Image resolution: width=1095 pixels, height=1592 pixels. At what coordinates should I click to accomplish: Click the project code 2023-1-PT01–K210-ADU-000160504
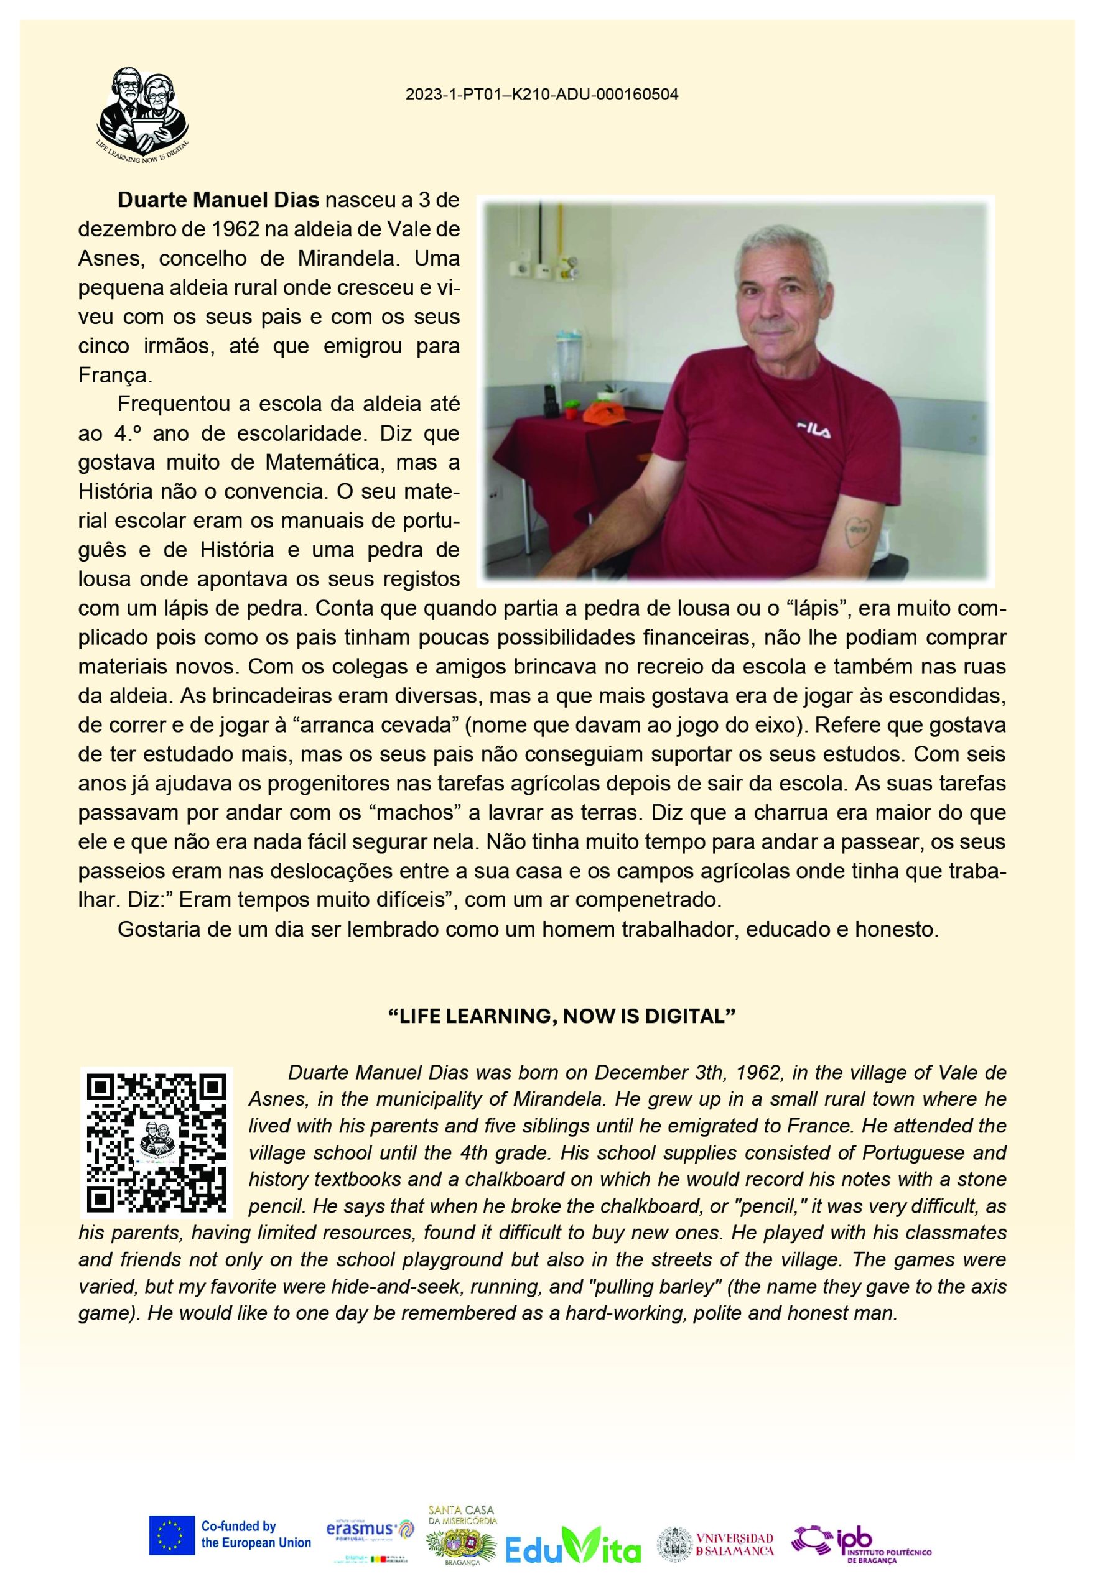coord(541,95)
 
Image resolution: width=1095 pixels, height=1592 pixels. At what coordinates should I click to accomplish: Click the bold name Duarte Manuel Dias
coord(219,201)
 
